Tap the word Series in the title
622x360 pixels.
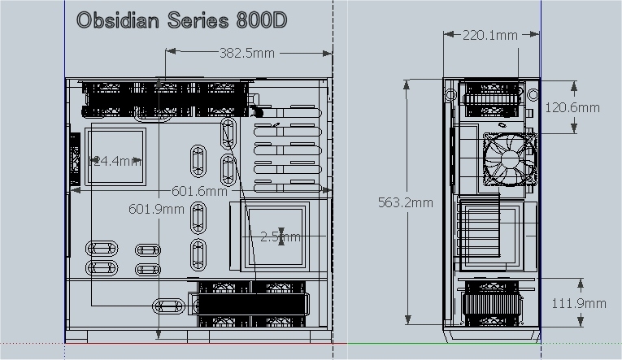click(192, 21)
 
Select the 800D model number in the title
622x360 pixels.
click(260, 21)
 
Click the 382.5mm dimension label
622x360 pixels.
click(247, 53)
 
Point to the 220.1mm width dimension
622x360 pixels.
click(490, 36)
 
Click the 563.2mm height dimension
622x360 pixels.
click(406, 202)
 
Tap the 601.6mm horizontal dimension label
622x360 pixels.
click(199, 191)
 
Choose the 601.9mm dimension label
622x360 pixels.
click(157, 209)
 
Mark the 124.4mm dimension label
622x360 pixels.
click(115, 161)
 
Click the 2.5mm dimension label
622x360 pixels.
click(280, 236)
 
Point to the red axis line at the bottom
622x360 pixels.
click(203, 343)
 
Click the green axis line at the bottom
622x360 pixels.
click(480, 343)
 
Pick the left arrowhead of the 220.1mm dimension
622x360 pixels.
click(446, 35)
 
